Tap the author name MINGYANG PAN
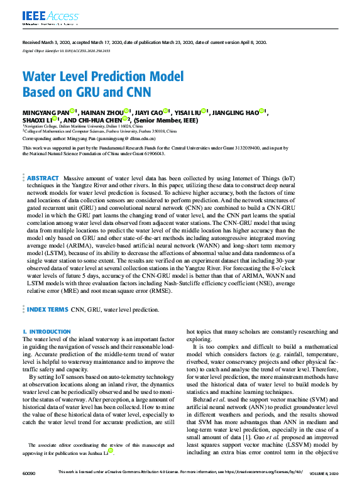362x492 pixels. tap(43, 112)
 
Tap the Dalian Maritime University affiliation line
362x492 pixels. tap(84, 126)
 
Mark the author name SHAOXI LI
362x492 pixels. tap(36, 120)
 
